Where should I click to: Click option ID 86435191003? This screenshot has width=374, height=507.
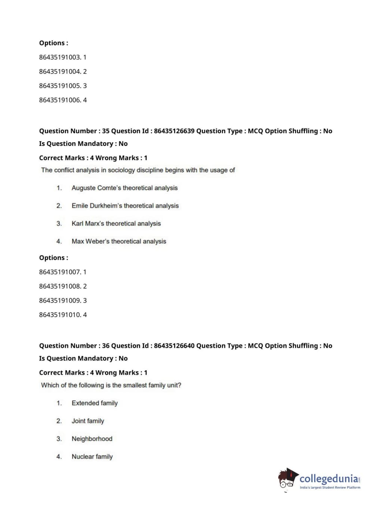pyautogui.click(x=62, y=57)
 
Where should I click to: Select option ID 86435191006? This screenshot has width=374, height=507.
pyautogui.click(x=62, y=100)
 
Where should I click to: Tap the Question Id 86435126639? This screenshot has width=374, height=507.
pyautogui.click(x=174, y=131)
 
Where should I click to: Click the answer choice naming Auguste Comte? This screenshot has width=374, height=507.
pyautogui.click(x=124, y=188)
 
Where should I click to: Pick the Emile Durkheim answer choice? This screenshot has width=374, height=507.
pyautogui.click(x=125, y=206)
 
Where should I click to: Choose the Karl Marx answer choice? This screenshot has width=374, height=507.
pyautogui.click(x=116, y=224)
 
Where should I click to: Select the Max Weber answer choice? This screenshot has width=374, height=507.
pyautogui.click(x=119, y=242)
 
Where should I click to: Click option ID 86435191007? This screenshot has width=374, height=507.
pyautogui.click(x=62, y=272)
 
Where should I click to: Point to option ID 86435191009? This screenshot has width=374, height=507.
pyautogui.click(x=62, y=300)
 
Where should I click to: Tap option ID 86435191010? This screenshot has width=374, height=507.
pyautogui.click(x=62, y=314)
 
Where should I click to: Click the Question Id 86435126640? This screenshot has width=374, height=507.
pyautogui.click(x=174, y=345)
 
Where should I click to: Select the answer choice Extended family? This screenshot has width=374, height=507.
pyautogui.click(x=95, y=403)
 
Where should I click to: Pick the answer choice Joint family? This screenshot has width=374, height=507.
pyautogui.click(x=88, y=421)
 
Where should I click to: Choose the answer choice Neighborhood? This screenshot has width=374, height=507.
pyautogui.click(x=92, y=439)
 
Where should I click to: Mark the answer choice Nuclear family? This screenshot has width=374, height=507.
pyautogui.click(x=92, y=457)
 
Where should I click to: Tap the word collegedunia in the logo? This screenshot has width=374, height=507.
pyautogui.click(x=328, y=479)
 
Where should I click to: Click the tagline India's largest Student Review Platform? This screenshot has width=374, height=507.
pyautogui.click(x=330, y=488)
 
